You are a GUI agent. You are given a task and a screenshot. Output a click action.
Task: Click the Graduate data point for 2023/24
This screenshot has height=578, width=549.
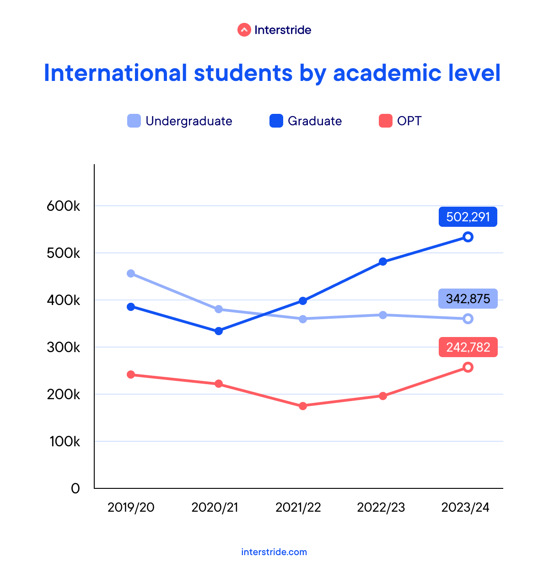pyautogui.click(x=468, y=237)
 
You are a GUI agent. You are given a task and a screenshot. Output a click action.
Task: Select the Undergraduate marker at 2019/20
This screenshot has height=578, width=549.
pyautogui.click(x=131, y=273)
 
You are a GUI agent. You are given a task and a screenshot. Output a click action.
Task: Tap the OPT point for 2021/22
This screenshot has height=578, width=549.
pyautogui.click(x=303, y=406)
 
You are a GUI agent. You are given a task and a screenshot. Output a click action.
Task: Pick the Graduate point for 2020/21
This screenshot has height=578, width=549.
pyautogui.click(x=219, y=331)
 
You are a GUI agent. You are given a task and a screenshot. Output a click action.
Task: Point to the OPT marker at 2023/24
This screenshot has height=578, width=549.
pyautogui.click(x=468, y=367)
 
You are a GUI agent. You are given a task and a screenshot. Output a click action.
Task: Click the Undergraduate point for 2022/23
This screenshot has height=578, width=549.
pyautogui.click(x=383, y=315)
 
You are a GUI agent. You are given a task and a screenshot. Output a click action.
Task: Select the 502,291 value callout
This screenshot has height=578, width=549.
pyautogui.click(x=468, y=217)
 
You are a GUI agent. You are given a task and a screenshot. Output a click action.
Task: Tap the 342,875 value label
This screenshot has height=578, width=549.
pyautogui.click(x=468, y=299)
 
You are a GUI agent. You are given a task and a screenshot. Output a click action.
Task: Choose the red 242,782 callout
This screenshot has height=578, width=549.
pyautogui.click(x=468, y=348)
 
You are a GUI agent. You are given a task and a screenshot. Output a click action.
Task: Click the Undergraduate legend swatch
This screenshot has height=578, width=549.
pyautogui.click(x=134, y=121)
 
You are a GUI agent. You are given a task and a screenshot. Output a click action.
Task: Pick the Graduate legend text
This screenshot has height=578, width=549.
pyautogui.click(x=315, y=121)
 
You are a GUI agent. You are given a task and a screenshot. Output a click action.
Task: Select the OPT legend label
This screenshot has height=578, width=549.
pyautogui.click(x=409, y=121)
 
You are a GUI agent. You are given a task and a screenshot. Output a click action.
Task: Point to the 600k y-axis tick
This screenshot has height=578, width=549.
pyautogui.click(x=64, y=206)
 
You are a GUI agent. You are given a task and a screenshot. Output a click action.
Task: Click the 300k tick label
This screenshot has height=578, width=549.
pyautogui.click(x=64, y=348)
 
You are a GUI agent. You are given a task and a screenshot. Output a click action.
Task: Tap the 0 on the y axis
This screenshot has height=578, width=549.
pyautogui.click(x=75, y=488)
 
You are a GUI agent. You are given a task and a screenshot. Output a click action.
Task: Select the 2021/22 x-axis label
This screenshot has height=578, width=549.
pyautogui.click(x=298, y=508)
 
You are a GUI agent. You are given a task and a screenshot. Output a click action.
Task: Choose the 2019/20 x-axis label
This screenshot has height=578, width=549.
pyautogui.click(x=131, y=508)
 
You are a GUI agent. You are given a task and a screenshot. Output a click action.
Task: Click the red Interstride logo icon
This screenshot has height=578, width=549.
pyautogui.click(x=244, y=30)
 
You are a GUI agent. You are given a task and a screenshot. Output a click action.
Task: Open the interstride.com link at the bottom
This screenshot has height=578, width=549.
pyautogui.click(x=274, y=552)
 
